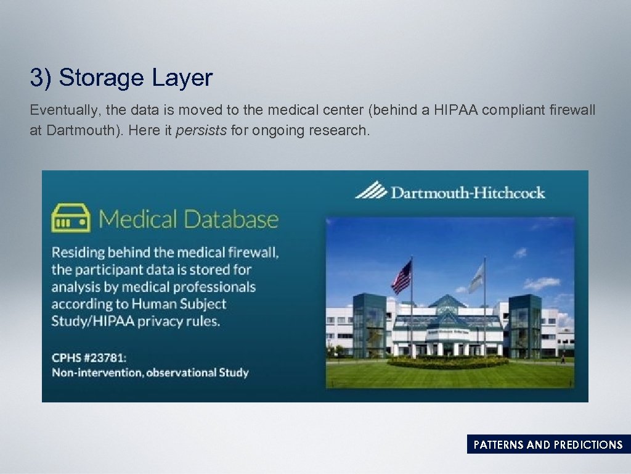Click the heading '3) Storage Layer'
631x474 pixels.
coord(121,78)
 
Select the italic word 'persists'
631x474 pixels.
coord(201,131)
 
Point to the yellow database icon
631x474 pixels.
coord(70,218)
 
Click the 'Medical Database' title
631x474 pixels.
coord(189,220)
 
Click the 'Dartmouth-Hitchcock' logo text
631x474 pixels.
coord(468,193)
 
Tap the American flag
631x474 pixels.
coord(402,277)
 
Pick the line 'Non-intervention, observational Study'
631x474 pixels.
coord(150,373)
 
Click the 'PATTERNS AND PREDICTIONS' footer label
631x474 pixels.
coord(548,445)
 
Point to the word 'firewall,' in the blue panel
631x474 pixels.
coord(249,252)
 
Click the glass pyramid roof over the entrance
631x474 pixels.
coord(447,304)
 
